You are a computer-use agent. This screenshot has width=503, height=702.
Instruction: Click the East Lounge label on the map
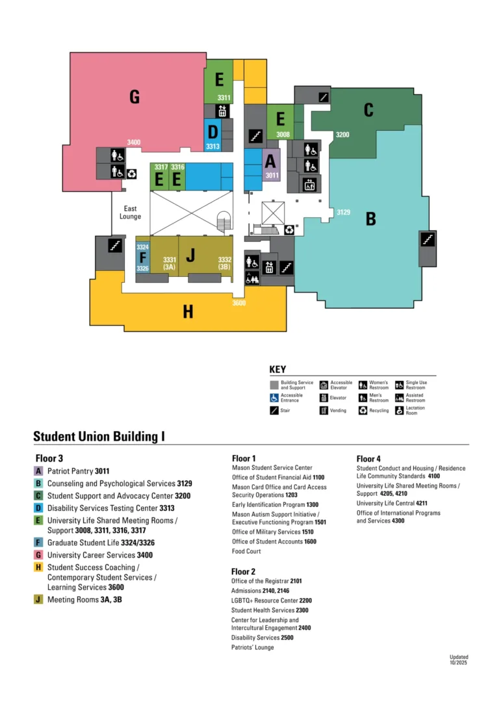tap(130, 212)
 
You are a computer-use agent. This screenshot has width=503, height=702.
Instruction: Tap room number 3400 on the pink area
tap(133, 142)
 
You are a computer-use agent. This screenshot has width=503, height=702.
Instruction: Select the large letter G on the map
tap(135, 97)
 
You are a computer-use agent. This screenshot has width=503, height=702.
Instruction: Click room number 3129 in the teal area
tap(343, 212)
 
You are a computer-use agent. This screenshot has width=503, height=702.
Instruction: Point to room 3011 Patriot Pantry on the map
tap(271, 165)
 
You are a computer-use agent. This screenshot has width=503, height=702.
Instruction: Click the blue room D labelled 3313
tap(213, 135)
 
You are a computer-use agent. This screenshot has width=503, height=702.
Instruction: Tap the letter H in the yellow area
tap(188, 311)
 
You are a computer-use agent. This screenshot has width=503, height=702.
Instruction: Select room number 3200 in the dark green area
tap(342, 135)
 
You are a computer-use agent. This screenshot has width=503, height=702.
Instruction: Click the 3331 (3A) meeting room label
tap(169, 263)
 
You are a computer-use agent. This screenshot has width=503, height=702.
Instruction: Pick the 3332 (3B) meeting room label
tap(225, 263)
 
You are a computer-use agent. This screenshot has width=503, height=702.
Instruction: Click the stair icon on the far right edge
tap(428, 239)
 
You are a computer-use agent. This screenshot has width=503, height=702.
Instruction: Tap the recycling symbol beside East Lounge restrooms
tap(131, 174)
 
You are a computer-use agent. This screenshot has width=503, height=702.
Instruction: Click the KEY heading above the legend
tap(277, 369)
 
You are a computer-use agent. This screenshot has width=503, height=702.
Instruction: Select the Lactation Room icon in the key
tap(399, 411)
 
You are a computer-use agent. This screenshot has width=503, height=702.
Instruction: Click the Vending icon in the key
tap(324, 411)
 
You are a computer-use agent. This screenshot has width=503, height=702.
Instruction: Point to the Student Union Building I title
tap(99, 437)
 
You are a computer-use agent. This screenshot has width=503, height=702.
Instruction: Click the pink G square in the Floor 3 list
tap(38, 555)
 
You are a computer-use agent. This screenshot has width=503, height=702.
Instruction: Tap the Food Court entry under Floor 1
tap(246, 551)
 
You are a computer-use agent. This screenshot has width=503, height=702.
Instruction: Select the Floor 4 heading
tap(368, 459)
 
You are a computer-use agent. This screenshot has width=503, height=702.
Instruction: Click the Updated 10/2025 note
tap(459, 660)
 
